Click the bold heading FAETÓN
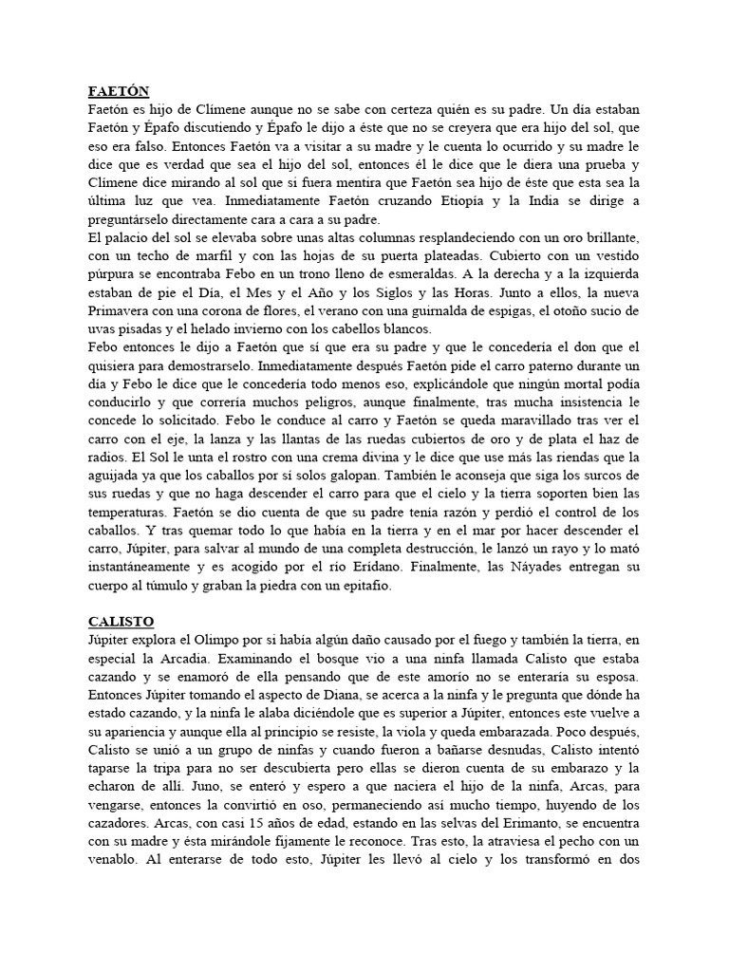(119, 92)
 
